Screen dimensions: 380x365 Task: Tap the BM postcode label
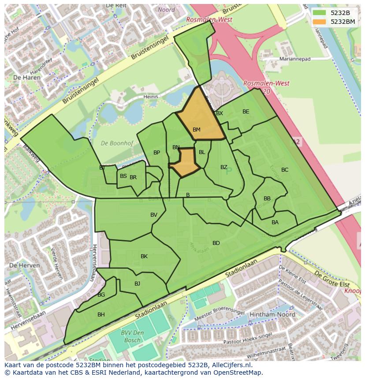coord(197,130)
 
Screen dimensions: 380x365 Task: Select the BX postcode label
coord(220,113)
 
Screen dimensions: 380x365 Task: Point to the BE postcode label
coord(246,112)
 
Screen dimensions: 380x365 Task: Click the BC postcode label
coord(285,170)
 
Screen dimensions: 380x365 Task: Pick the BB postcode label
coord(267,199)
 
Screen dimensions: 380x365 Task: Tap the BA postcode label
coord(275,222)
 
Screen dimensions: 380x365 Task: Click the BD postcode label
coord(216,243)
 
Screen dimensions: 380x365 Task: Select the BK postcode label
coord(144,256)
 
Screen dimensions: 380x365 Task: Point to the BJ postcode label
coord(137,284)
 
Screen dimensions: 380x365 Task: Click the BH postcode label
coord(101,315)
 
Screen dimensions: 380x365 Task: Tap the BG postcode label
coord(101,295)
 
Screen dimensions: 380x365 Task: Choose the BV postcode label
coord(154,215)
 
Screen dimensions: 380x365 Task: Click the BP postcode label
coord(156,153)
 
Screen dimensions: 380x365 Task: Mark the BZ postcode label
coord(224,167)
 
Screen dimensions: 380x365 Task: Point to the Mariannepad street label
coord(295,59)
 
